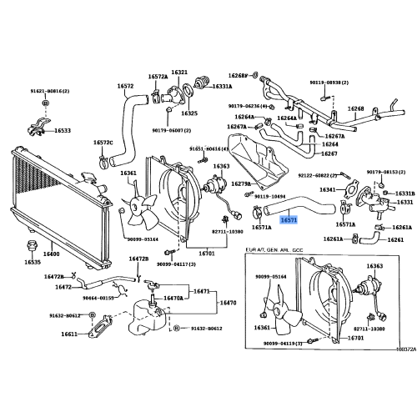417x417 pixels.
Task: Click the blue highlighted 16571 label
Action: click(289, 220)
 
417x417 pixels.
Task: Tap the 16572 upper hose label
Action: click(125, 86)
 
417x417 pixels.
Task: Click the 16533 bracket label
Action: click(63, 131)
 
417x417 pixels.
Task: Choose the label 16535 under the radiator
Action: click(32, 262)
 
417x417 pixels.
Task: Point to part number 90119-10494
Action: click(270, 197)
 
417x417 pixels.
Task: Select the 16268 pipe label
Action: click(356, 108)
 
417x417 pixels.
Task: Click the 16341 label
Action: click(328, 189)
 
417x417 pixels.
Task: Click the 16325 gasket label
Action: click(189, 113)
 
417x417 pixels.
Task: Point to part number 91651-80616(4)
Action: click(208, 148)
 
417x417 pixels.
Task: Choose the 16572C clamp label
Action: click(103, 143)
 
